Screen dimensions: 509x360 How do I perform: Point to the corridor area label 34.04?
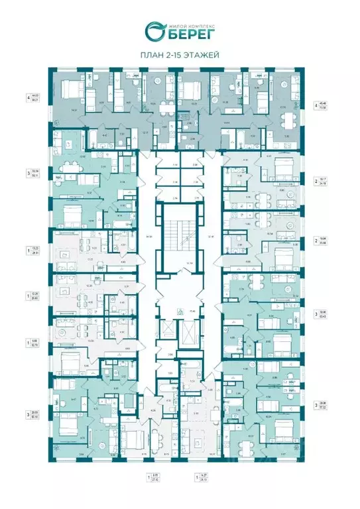point(149,237)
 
